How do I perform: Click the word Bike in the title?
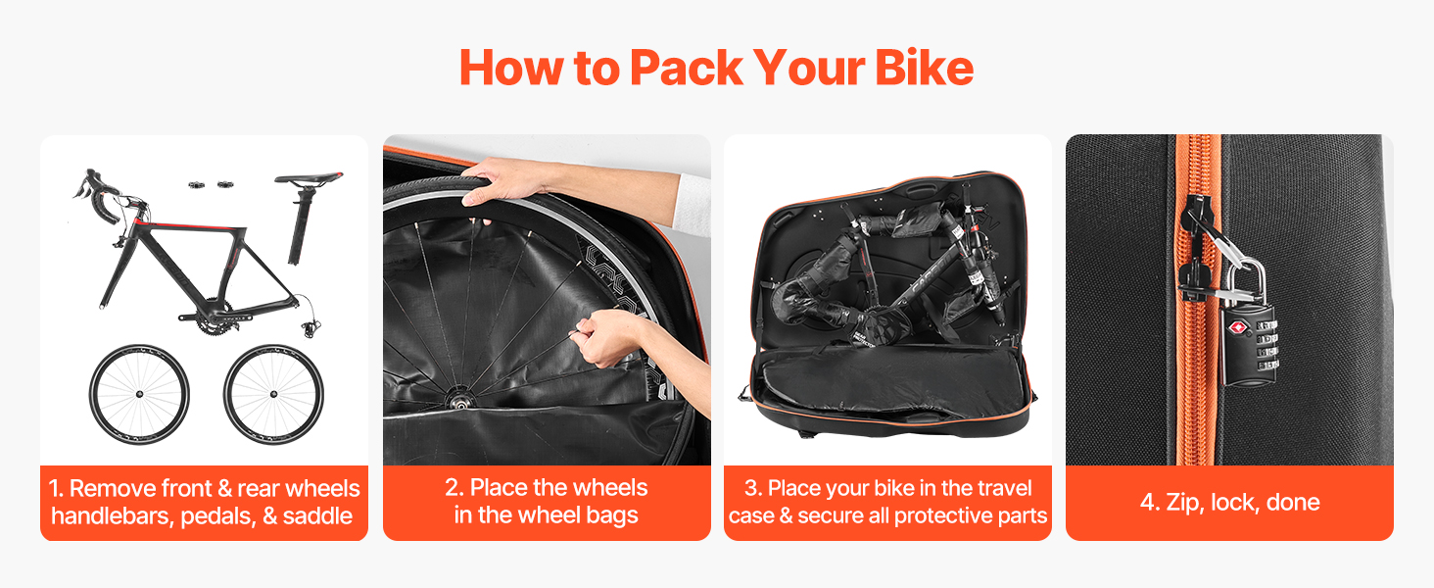pyautogui.click(x=925, y=68)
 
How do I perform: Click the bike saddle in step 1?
pyautogui.click(x=310, y=177)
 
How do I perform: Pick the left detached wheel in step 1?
pyautogui.click(x=139, y=394)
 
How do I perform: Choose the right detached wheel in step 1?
pyautogui.click(x=273, y=394)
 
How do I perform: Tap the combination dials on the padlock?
pyautogui.click(x=1267, y=345)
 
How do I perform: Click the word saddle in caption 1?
pyautogui.click(x=317, y=515)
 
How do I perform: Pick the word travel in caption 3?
pyautogui.click(x=1001, y=488)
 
